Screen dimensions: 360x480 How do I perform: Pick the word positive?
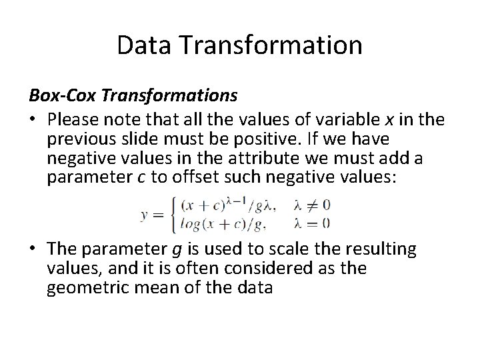(263, 140)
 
